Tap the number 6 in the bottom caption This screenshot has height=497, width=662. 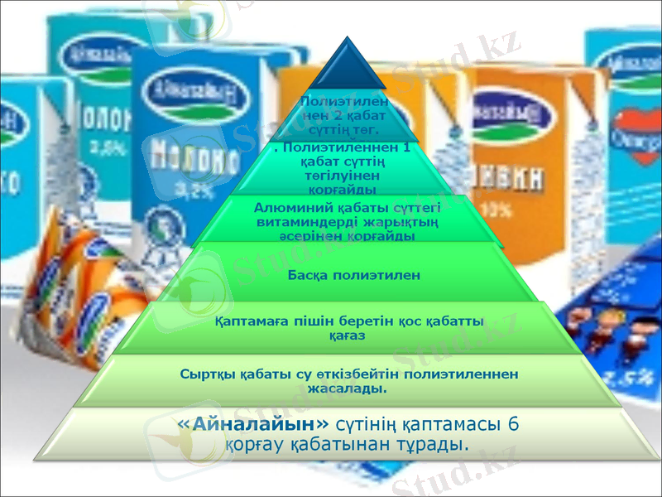click(512, 424)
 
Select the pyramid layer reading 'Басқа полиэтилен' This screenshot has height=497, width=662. click(354, 274)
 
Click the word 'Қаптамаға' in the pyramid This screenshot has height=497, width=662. click(246, 322)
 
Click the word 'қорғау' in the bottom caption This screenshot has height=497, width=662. click(252, 446)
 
